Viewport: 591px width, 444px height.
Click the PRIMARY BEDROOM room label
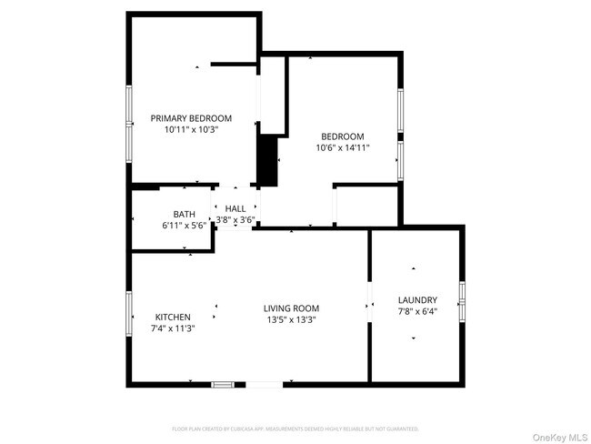point(191,118)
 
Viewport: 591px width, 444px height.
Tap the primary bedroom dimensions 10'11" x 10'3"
point(191,130)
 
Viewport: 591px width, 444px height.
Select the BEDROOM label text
point(342,136)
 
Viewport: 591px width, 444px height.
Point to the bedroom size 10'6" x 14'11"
point(342,148)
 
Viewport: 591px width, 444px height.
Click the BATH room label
point(185,215)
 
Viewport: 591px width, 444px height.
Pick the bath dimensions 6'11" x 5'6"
point(185,226)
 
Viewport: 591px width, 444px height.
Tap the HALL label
point(235,208)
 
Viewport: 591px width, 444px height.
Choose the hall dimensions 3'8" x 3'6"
point(235,220)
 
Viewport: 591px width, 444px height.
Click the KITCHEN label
point(173,317)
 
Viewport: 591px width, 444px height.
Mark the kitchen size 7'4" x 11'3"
point(173,328)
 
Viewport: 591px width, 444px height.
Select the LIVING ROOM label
point(291,308)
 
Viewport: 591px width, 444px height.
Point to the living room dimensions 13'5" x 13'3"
point(291,320)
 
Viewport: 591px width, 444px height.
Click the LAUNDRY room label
point(417,300)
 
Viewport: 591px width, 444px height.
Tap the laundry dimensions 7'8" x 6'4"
point(417,312)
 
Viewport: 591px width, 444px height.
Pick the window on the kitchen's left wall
point(129,316)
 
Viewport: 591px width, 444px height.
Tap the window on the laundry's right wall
point(463,301)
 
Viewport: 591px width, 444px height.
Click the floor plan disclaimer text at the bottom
point(295,428)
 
